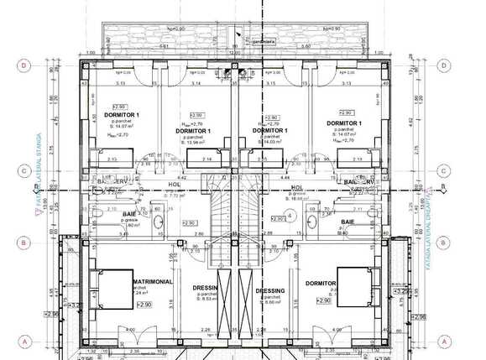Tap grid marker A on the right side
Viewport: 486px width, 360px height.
[x=442, y=341]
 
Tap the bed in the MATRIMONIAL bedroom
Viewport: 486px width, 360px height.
[x=111, y=290]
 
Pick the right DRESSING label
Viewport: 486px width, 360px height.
[x=270, y=290]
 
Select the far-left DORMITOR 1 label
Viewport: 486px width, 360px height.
[x=122, y=114]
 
